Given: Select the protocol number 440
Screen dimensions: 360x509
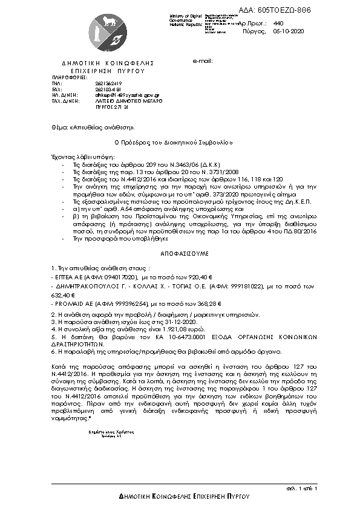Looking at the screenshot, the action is (x=278, y=22).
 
